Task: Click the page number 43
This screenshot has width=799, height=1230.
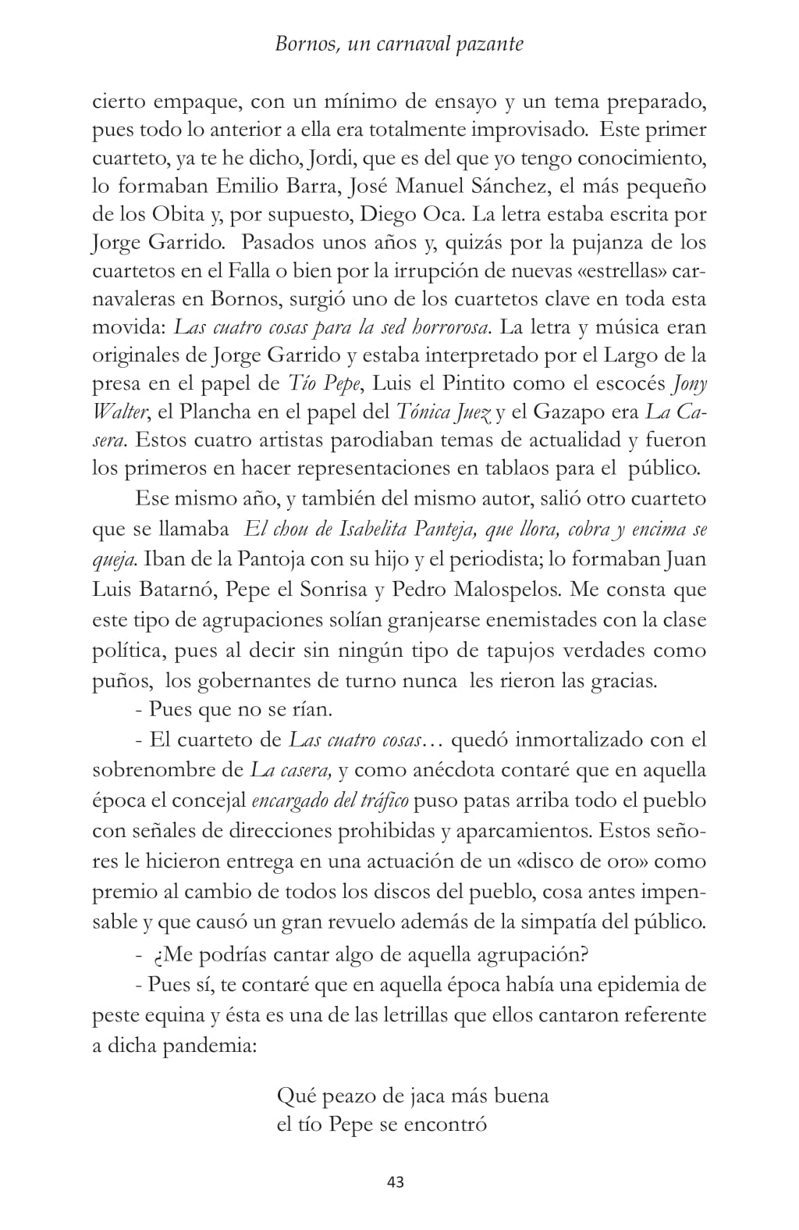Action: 395,1182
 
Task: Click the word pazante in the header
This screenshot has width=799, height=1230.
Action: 490,45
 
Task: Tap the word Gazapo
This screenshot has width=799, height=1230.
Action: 595,412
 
